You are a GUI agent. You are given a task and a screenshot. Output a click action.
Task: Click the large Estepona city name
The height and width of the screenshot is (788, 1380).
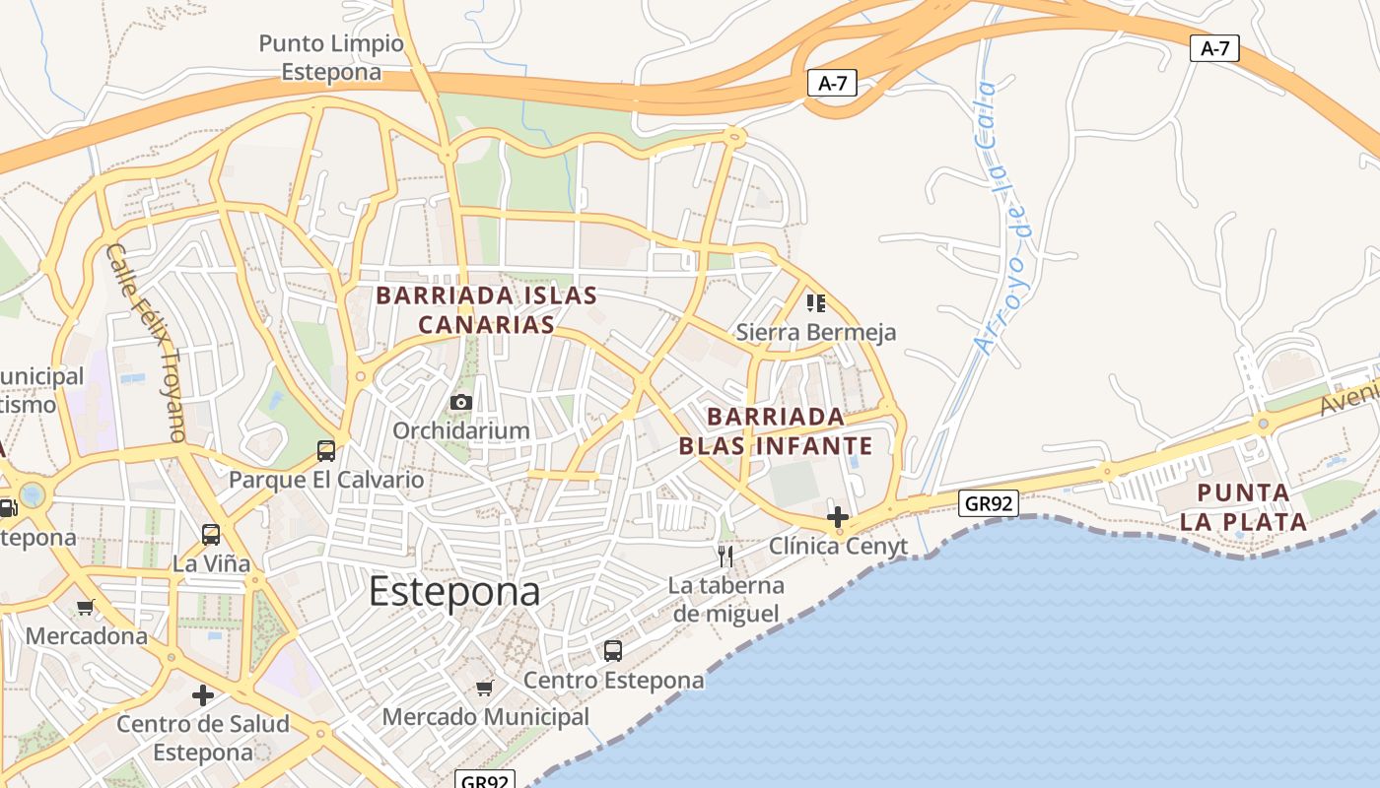pyautogui.click(x=454, y=592)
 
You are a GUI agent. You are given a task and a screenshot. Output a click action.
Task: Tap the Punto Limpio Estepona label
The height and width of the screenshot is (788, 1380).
pyautogui.click(x=331, y=58)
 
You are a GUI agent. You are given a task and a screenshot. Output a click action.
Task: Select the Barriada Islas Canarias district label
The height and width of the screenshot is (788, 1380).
pyautogui.click(x=486, y=309)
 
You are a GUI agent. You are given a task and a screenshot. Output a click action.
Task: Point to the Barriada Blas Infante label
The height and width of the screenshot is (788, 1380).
pyautogui.click(x=776, y=430)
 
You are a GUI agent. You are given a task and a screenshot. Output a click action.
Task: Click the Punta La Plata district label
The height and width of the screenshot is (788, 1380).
pyautogui.click(x=1243, y=506)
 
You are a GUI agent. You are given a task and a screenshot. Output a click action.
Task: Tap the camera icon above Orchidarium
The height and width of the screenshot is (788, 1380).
pyautogui.click(x=460, y=402)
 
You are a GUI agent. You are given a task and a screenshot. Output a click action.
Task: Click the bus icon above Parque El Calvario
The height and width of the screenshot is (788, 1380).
pyautogui.click(x=326, y=451)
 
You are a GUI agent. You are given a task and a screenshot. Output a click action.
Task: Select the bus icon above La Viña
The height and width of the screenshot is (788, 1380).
pyautogui.click(x=211, y=535)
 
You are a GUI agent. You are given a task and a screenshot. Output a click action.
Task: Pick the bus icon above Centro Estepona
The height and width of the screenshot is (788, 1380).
pyautogui.click(x=613, y=651)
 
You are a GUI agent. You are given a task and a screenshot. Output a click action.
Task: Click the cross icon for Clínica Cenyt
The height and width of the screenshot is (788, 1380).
pyautogui.click(x=838, y=516)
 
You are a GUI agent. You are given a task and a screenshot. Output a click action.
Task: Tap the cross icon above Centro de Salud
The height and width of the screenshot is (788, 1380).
pyautogui.click(x=203, y=695)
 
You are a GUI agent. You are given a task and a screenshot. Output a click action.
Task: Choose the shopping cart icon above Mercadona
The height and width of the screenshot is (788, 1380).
pyautogui.click(x=86, y=607)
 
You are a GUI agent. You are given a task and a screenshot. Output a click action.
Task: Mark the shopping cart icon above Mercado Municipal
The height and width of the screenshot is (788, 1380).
pyautogui.click(x=484, y=688)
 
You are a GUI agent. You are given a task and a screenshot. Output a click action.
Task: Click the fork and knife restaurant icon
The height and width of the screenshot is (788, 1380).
pyautogui.click(x=725, y=557)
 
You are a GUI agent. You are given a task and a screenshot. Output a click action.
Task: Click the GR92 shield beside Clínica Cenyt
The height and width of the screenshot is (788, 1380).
pyautogui.click(x=989, y=503)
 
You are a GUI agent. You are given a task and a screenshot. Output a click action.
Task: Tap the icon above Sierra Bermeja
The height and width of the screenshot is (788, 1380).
pyautogui.click(x=815, y=302)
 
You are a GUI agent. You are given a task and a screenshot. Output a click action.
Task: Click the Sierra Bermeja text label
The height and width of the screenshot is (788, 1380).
pyautogui.click(x=816, y=332)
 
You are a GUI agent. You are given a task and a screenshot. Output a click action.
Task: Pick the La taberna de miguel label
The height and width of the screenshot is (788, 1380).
pyautogui.click(x=726, y=599)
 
